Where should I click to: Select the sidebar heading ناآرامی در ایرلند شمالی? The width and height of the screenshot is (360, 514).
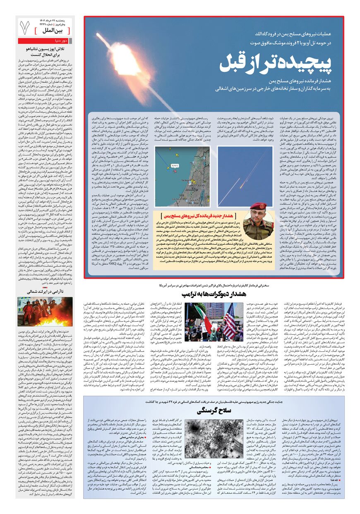(45, 292)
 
